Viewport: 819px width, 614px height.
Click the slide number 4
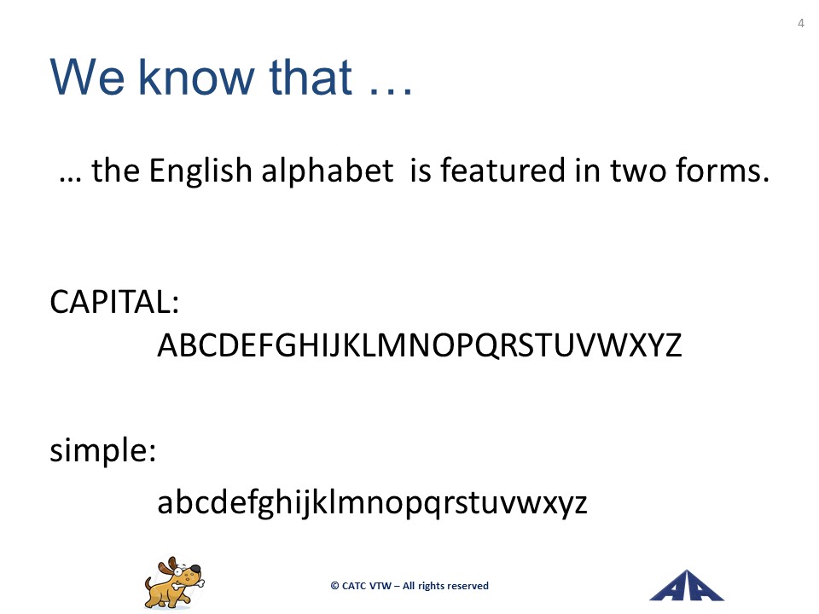pyautogui.click(x=801, y=23)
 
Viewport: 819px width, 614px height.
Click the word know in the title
pyautogui.click(x=196, y=77)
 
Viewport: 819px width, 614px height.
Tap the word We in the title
pyautogui.click(x=87, y=78)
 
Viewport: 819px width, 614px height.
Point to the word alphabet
pyautogui.click(x=327, y=170)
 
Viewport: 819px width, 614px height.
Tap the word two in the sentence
pyautogui.click(x=638, y=171)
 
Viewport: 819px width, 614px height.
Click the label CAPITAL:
pyautogui.click(x=114, y=302)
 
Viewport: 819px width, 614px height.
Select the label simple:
pyautogui.click(x=103, y=450)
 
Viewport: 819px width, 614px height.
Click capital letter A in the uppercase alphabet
pyautogui.click(x=169, y=345)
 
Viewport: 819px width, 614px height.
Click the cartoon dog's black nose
pyautogui.click(x=195, y=568)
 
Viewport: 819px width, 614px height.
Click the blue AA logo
pyautogui.click(x=686, y=586)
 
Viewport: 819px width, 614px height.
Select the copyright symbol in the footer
pyautogui.click(x=334, y=586)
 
